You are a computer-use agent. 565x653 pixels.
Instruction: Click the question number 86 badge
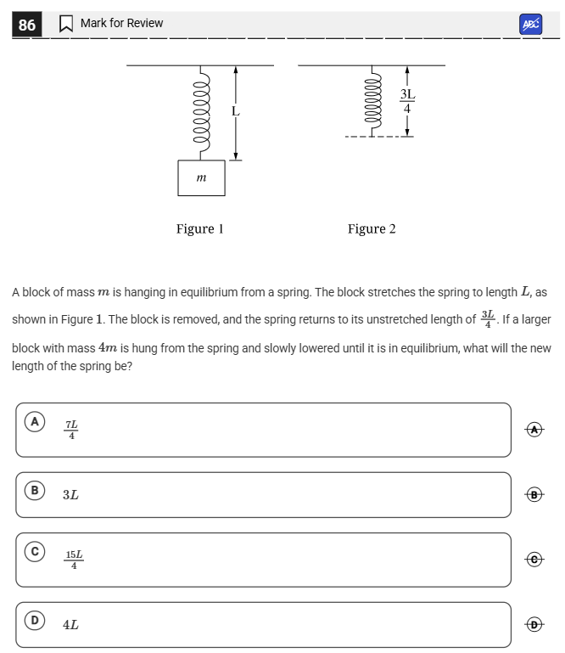point(27,25)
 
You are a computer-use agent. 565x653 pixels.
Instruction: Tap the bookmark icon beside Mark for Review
point(65,25)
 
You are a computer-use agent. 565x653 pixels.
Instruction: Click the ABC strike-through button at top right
point(531,25)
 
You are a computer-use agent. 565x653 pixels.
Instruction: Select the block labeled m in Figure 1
point(201,177)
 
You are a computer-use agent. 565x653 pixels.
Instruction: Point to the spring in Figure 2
point(371,100)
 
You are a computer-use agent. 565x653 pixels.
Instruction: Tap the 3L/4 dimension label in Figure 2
point(407,101)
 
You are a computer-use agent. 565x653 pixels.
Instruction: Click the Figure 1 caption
point(199,228)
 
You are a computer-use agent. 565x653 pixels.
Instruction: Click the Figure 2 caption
point(372,228)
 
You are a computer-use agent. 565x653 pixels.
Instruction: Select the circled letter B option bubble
point(35,491)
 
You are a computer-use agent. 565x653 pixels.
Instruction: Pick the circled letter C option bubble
point(35,552)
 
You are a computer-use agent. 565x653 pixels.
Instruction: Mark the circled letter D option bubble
point(35,621)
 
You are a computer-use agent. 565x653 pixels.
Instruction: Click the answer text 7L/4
point(71,430)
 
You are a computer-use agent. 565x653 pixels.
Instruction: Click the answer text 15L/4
point(74,560)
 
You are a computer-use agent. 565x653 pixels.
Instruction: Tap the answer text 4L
point(70,625)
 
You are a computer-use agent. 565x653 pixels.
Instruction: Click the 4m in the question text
point(108,348)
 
